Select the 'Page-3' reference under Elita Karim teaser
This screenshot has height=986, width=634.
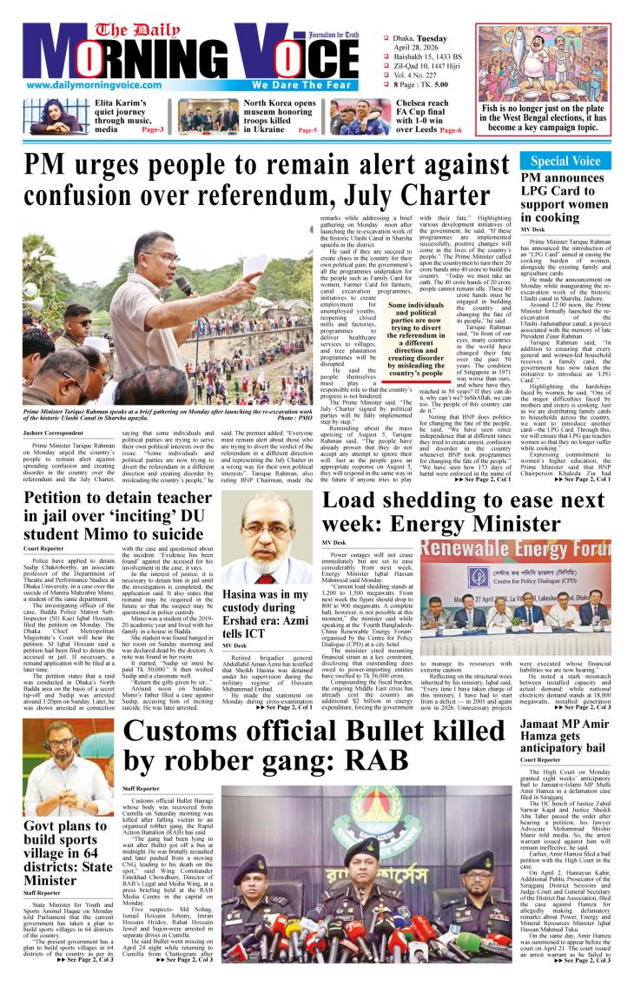[129, 129]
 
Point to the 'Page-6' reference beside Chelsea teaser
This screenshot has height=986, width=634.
[451, 129]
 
